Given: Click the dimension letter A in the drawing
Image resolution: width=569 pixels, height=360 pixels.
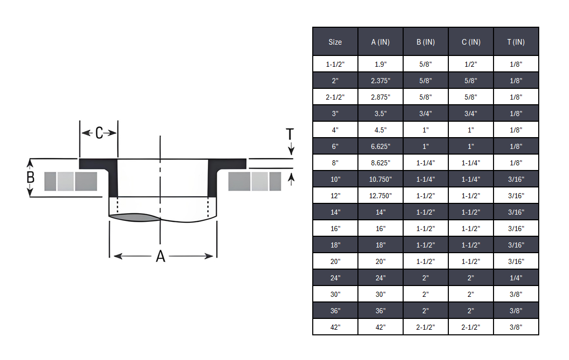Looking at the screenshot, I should pyautogui.click(x=161, y=256).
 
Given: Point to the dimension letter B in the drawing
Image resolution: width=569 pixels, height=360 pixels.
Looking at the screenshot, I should pyautogui.click(x=30, y=178).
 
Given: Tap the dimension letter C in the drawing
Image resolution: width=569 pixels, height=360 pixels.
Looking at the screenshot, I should pyautogui.click(x=99, y=134).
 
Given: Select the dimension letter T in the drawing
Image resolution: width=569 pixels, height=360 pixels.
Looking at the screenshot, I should pyautogui.click(x=290, y=135).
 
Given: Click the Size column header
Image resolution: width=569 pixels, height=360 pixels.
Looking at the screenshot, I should pyautogui.click(x=335, y=42).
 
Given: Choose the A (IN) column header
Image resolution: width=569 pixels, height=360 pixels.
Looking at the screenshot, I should pyautogui.click(x=380, y=42).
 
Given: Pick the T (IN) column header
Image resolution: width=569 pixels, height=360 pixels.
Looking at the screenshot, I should pyautogui.click(x=516, y=42).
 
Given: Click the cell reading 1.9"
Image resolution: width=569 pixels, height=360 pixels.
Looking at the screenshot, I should pyautogui.click(x=380, y=64).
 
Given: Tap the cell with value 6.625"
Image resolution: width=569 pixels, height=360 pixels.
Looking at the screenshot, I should pyautogui.click(x=380, y=146).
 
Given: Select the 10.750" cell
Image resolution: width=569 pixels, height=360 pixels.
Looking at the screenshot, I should pyautogui.click(x=380, y=179).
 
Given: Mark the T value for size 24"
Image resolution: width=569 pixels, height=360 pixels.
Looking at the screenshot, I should pyautogui.click(x=516, y=278).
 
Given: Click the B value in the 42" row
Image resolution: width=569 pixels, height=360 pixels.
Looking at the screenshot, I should pyautogui.click(x=425, y=327).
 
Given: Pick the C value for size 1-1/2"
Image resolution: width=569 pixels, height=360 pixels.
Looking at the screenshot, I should pyautogui.click(x=470, y=64).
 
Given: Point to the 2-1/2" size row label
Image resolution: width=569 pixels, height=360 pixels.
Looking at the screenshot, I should pyautogui.click(x=335, y=97).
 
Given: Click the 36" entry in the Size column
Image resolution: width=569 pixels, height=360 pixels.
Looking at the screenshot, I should pyautogui.click(x=335, y=311).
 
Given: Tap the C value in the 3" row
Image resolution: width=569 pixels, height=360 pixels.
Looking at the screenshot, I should pyautogui.click(x=470, y=113).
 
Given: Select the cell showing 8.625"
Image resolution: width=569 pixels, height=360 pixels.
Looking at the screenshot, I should pyautogui.click(x=380, y=163).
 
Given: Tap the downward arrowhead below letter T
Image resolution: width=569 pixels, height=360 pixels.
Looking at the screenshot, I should pyautogui.click(x=291, y=151).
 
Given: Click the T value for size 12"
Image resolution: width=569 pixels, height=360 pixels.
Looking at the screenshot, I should pyautogui.click(x=516, y=196).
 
